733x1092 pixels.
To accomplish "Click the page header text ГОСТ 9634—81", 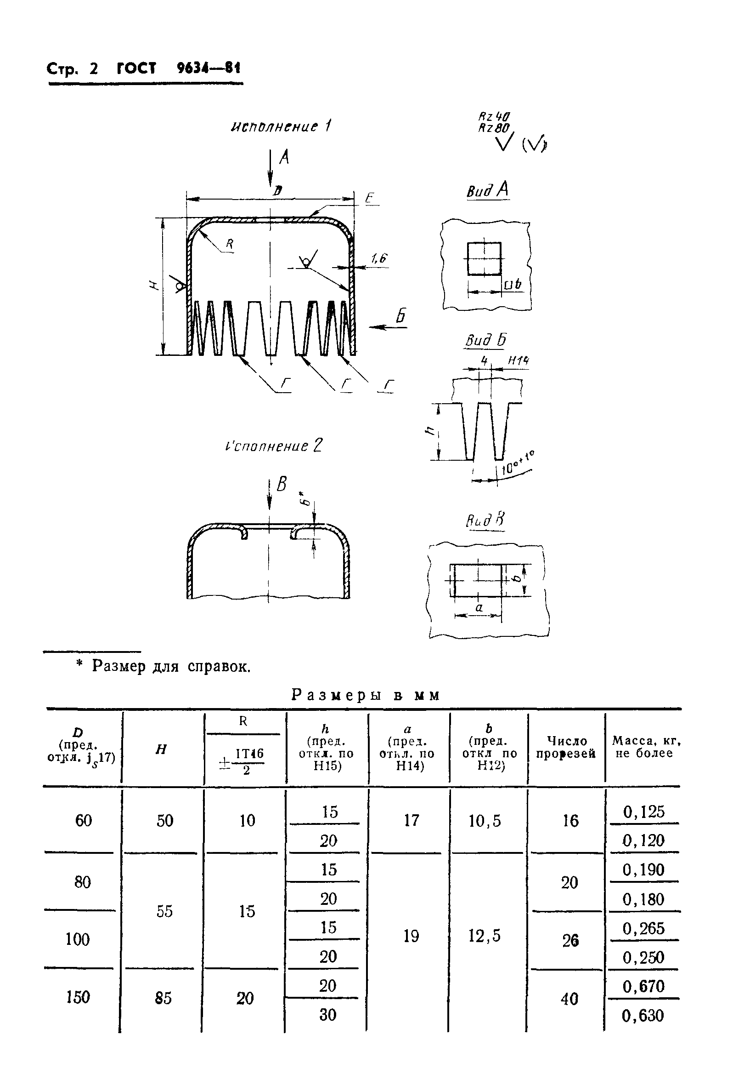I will coord(178,69).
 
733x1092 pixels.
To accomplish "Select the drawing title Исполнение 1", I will coord(281,126).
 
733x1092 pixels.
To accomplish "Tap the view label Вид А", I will coord(487,190).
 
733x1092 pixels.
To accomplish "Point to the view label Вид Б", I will coord(485,341).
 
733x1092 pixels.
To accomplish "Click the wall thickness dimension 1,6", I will coord(378,258).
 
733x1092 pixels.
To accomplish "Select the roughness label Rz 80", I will coord(493,128).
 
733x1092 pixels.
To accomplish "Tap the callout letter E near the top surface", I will coord(370,198).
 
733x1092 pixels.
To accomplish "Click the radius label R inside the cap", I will coord(229,243).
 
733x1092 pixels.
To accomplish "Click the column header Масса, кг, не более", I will coord(646,747).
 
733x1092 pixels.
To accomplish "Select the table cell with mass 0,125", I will coord(643,812).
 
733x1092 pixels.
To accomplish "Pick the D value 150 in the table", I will coord(78,997).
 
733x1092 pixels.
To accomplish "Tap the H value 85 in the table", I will coord(163,998).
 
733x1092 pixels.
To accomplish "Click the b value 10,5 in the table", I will coord(485,821).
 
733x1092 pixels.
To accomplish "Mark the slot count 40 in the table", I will coord(569,999).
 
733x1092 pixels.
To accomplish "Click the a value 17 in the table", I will coord(412,820).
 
